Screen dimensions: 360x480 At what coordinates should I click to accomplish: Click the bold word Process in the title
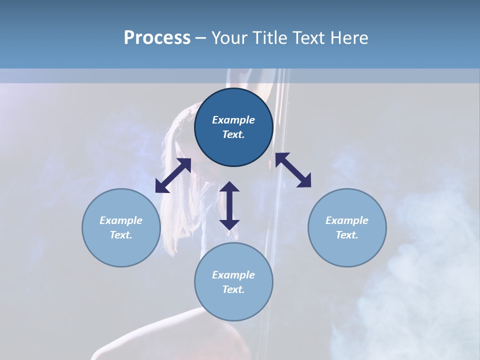click(x=157, y=38)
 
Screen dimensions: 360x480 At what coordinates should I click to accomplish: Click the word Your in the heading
click(x=228, y=38)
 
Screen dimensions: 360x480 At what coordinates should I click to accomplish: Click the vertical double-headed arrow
click(x=229, y=205)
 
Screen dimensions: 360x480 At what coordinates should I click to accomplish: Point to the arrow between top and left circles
click(x=173, y=175)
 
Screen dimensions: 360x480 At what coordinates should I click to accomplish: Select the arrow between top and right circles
click(x=293, y=170)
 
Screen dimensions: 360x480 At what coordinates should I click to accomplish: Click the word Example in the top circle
click(x=233, y=120)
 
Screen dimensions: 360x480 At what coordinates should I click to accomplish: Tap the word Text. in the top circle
click(x=233, y=134)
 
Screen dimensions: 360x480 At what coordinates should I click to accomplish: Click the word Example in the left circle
click(x=121, y=220)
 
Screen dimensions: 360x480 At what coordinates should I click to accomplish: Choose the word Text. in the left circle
click(x=121, y=235)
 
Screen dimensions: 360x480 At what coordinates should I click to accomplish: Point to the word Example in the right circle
click(x=347, y=220)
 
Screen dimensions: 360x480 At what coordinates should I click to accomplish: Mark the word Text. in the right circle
click(x=347, y=235)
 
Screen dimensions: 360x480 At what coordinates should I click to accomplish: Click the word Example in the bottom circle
click(x=233, y=275)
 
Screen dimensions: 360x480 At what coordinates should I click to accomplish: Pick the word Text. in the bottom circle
click(x=233, y=289)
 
